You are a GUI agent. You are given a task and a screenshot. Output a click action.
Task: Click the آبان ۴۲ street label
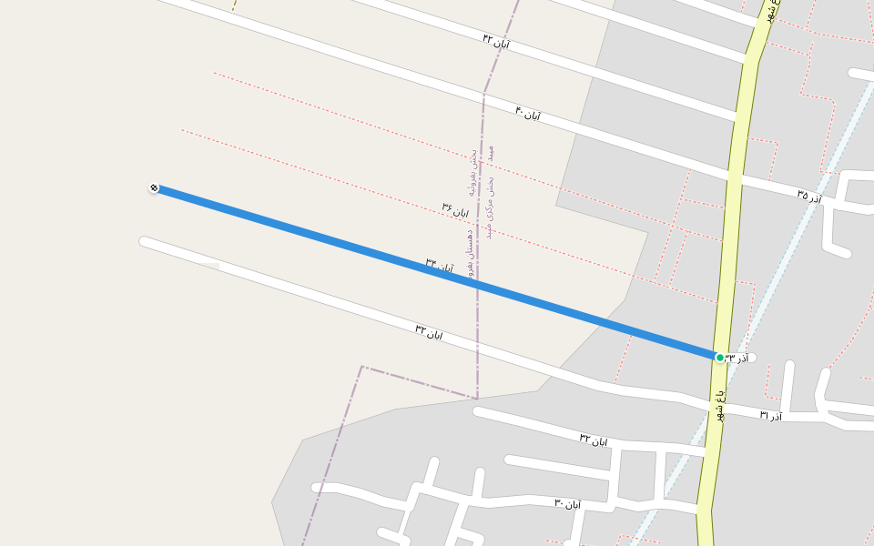(496, 41)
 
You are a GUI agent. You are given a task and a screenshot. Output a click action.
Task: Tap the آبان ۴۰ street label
(528, 114)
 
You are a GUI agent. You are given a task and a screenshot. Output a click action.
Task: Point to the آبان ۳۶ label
(455, 211)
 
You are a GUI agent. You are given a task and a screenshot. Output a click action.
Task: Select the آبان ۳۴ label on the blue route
(439, 266)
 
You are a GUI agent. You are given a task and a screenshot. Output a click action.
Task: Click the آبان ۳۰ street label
(567, 503)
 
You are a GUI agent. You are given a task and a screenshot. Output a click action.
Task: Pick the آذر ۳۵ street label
(808, 196)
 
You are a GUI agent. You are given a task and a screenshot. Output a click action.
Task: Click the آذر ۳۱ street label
(770, 415)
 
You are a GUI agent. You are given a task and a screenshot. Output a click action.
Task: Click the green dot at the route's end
(719, 358)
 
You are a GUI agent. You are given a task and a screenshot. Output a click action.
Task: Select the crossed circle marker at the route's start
(154, 188)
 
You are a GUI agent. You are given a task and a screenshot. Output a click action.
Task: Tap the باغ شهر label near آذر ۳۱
(719, 405)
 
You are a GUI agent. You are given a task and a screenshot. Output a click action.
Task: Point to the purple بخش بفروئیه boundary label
(473, 173)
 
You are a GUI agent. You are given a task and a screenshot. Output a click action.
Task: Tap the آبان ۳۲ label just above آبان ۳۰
(593, 440)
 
